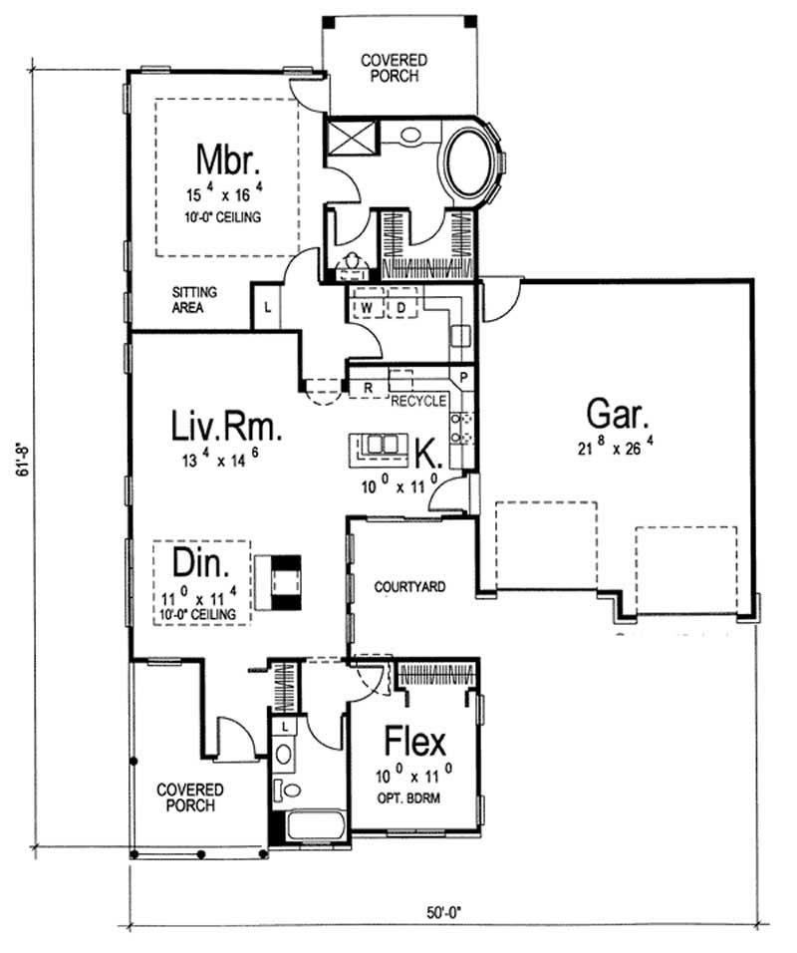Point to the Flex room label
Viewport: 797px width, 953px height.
point(415,742)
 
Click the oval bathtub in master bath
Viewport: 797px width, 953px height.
point(471,164)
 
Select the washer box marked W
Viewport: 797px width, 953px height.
point(367,308)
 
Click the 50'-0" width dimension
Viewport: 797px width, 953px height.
point(439,910)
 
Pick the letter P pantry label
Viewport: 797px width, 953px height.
point(463,379)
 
